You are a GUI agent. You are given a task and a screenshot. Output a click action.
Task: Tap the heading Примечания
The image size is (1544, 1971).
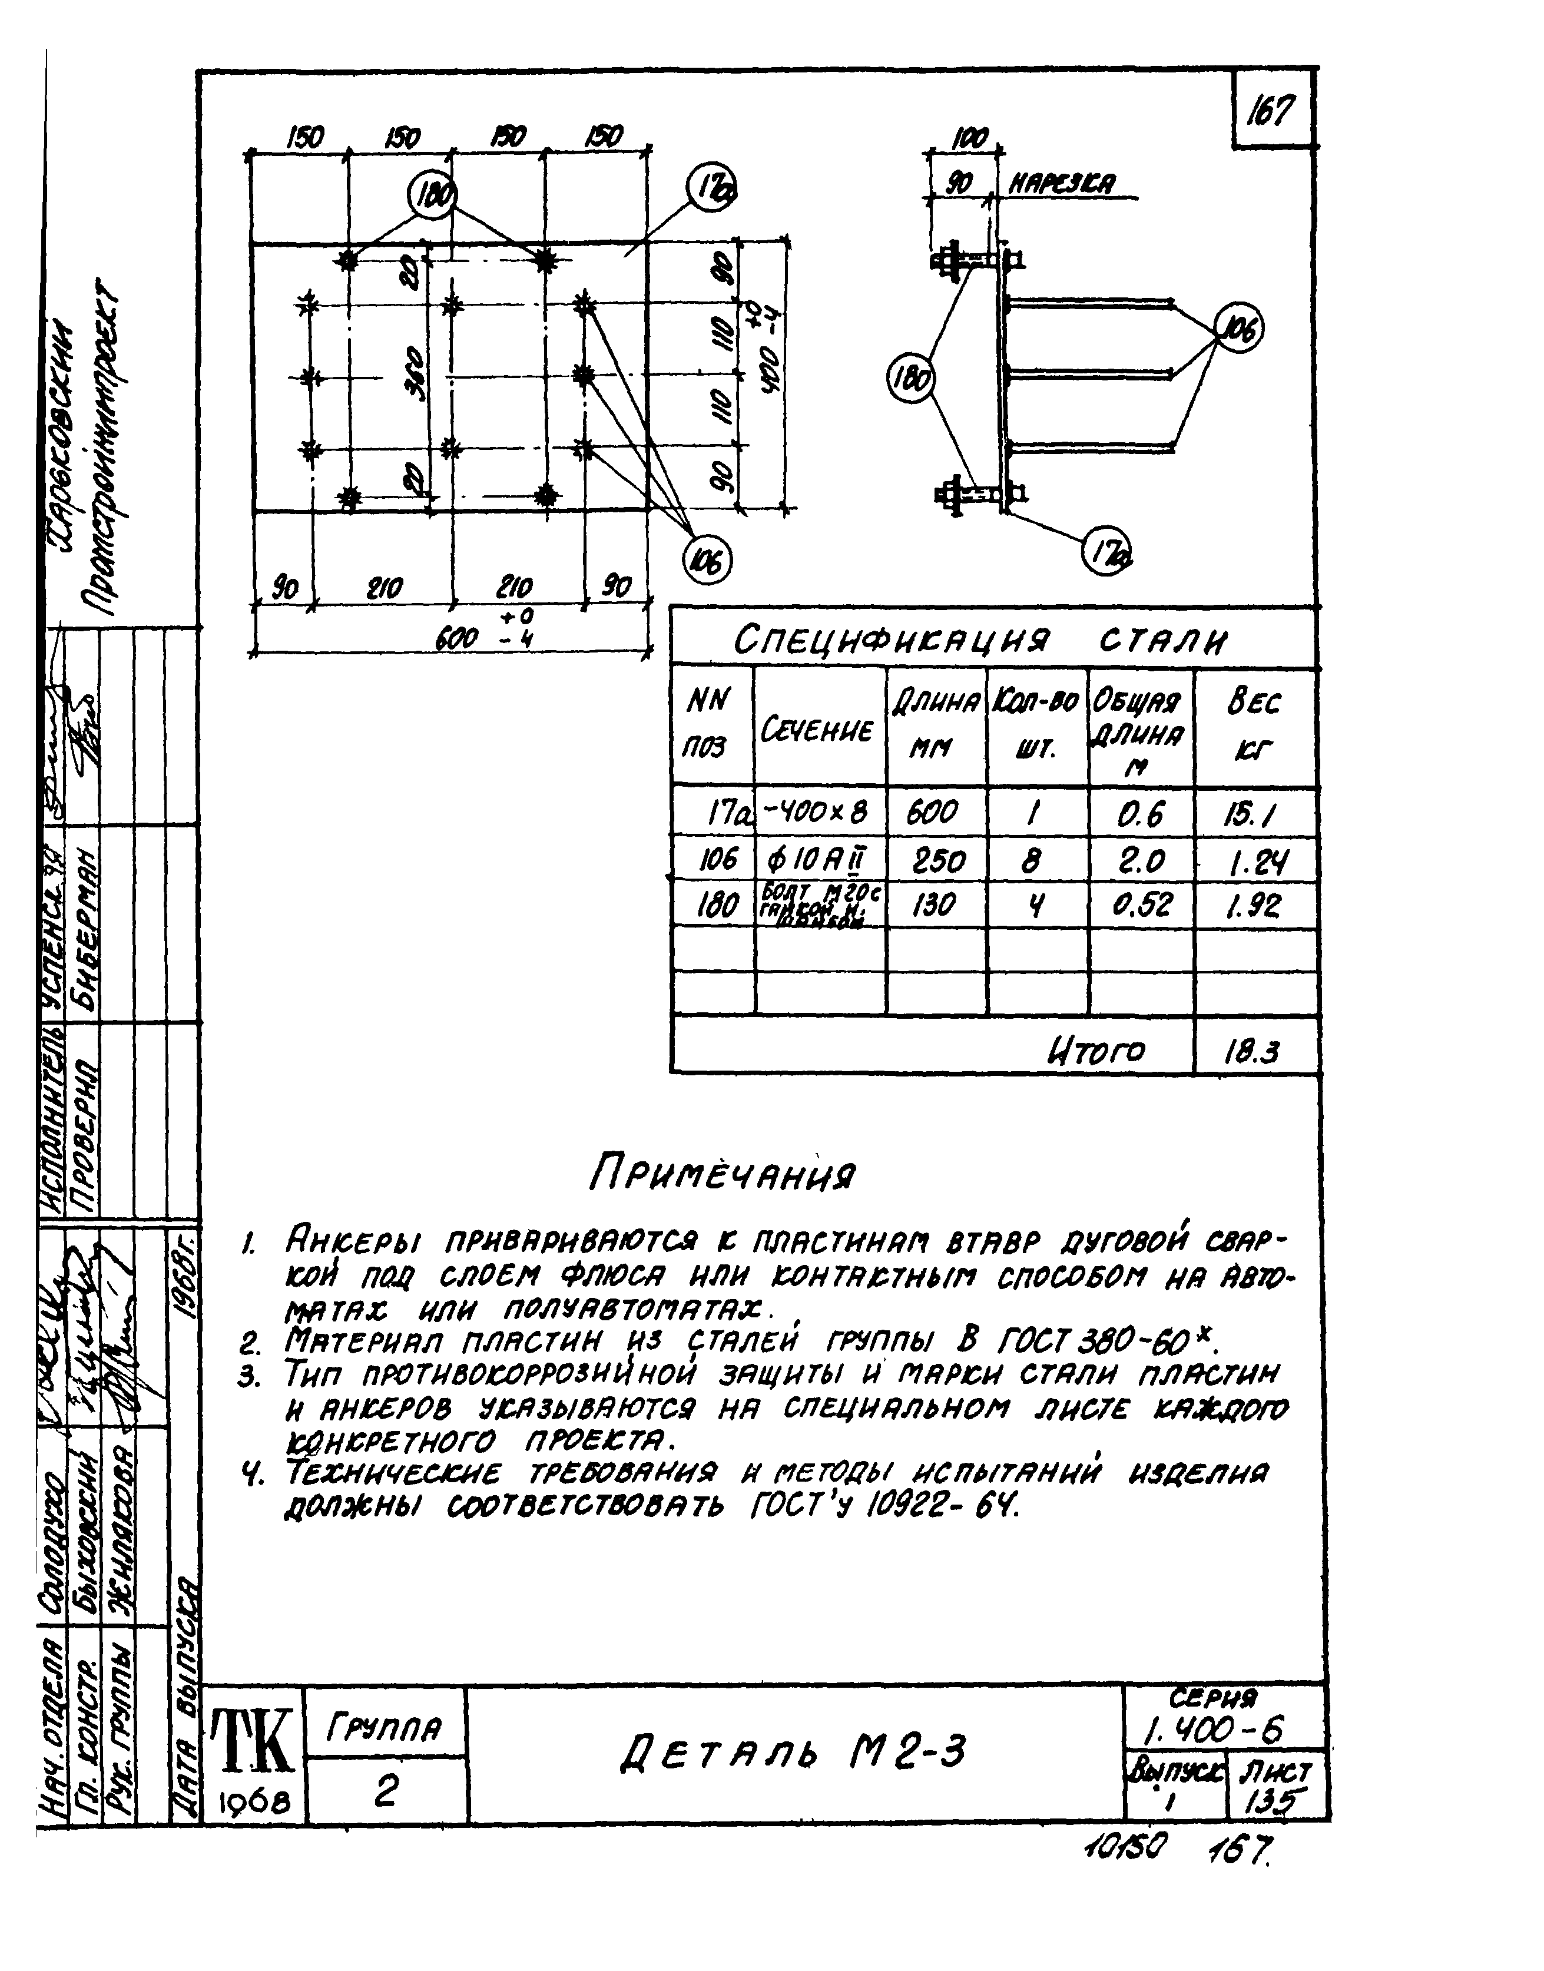(x=721, y=1175)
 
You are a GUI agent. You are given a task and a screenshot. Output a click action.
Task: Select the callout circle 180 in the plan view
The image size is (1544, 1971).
(x=433, y=196)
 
